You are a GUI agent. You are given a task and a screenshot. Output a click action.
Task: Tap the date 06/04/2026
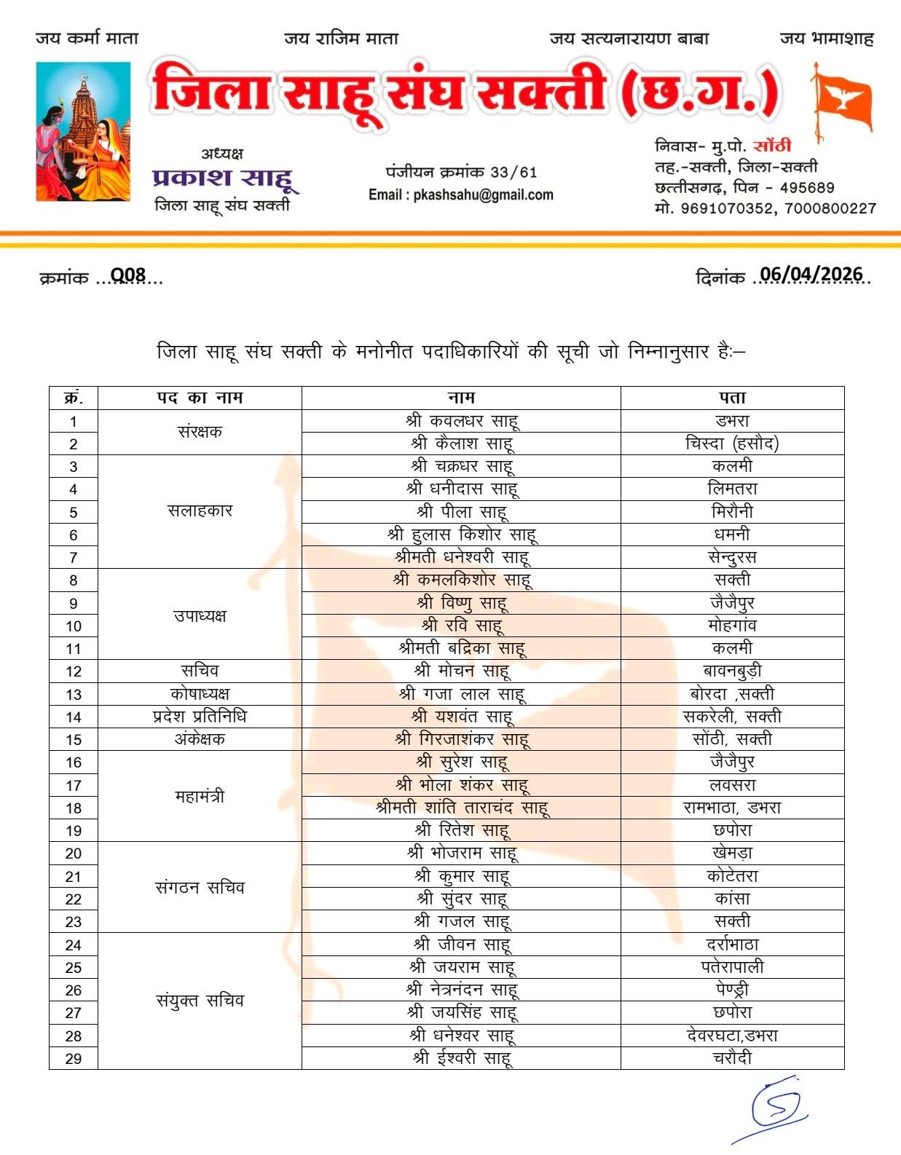[811, 275]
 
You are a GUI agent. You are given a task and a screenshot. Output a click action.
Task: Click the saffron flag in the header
[842, 103]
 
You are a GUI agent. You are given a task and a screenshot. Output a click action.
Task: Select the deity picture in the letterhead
[84, 131]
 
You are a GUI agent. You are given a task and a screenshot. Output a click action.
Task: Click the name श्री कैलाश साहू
[462, 443]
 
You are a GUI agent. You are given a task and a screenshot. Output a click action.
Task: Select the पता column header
[732, 398]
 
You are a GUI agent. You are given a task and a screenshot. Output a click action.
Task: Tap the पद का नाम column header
[200, 398]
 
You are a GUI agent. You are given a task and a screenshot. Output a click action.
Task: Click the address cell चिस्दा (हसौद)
[732, 443]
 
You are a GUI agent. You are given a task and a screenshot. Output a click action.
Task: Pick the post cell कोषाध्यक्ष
[200, 693]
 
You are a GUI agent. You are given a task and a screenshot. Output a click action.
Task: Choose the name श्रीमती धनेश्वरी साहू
[462, 557]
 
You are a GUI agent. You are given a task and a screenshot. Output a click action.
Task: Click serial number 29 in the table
[74, 1058]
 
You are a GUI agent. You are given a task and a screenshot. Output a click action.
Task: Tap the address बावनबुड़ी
[732, 671]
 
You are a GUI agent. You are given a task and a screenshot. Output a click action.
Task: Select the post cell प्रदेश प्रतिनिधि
[200, 717]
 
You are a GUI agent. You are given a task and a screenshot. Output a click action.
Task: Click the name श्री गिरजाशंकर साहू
[462, 739]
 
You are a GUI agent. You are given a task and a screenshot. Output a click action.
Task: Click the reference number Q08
[128, 275]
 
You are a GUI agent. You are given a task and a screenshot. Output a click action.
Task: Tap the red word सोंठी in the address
[771, 146]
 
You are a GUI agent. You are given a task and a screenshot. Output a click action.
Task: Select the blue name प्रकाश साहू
[223, 178]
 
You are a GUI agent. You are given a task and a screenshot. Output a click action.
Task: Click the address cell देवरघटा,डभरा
[732, 1035]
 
